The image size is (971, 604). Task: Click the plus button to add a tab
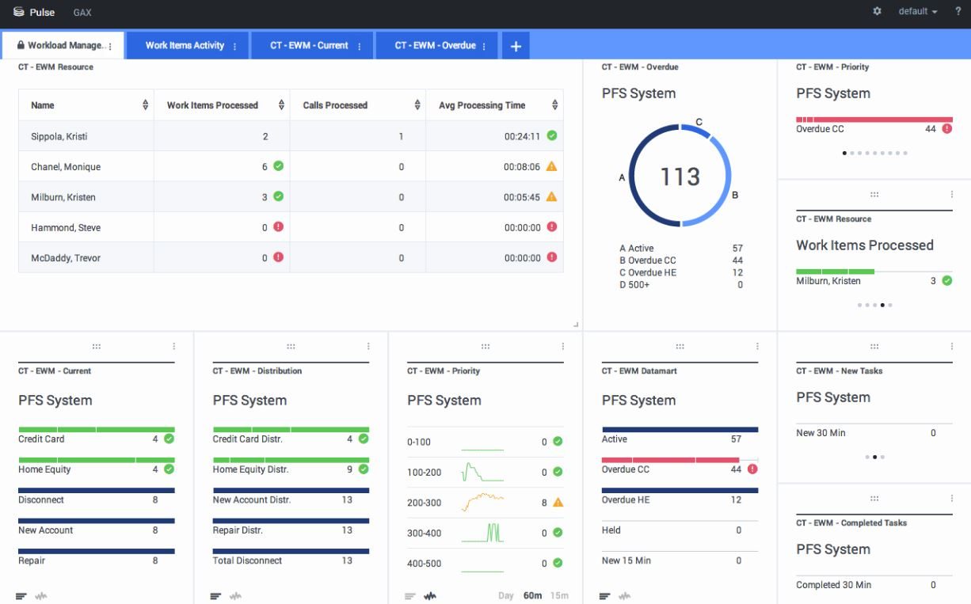pyautogui.click(x=516, y=46)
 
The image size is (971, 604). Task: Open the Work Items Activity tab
pyautogui.click(x=185, y=46)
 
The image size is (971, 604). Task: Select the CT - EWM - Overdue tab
pyautogui.click(x=436, y=46)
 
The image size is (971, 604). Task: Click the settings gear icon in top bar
pyautogui.click(x=877, y=12)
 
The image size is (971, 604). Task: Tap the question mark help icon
pyautogui.click(x=958, y=12)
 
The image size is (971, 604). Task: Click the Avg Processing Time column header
pyautogui.click(x=482, y=105)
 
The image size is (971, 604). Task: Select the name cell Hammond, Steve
pyautogui.click(x=66, y=228)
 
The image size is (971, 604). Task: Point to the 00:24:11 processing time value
pyautogui.click(x=522, y=136)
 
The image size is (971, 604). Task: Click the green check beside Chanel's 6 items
pyautogui.click(x=278, y=166)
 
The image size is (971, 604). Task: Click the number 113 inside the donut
pyautogui.click(x=680, y=177)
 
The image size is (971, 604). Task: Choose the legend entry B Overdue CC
pyautogui.click(x=648, y=260)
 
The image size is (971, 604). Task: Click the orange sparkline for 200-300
pyautogui.click(x=482, y=502)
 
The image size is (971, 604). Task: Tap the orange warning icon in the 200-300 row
pyautogui.click(x=558, y=503)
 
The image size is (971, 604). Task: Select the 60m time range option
pyautogui.click(x=532, y=595)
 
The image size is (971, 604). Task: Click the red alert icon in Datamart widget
pyautogui.click(x=752, y=469)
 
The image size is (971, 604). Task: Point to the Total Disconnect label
pyautogui.click(x=247, y=560)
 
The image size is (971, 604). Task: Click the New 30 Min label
pyautogui.click(x=821, y=433)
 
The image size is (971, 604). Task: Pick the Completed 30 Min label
pyautogui.click(x=833, y=585)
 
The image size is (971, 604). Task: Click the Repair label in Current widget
pyautogui.click(x=32, y=560)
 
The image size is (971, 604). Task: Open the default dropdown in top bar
pyautogui.click(x=917, y=12)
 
